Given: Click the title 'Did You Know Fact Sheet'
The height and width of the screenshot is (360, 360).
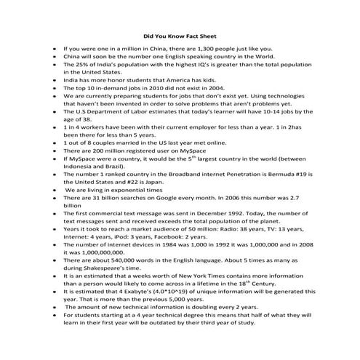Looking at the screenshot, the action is click(180, 34).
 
